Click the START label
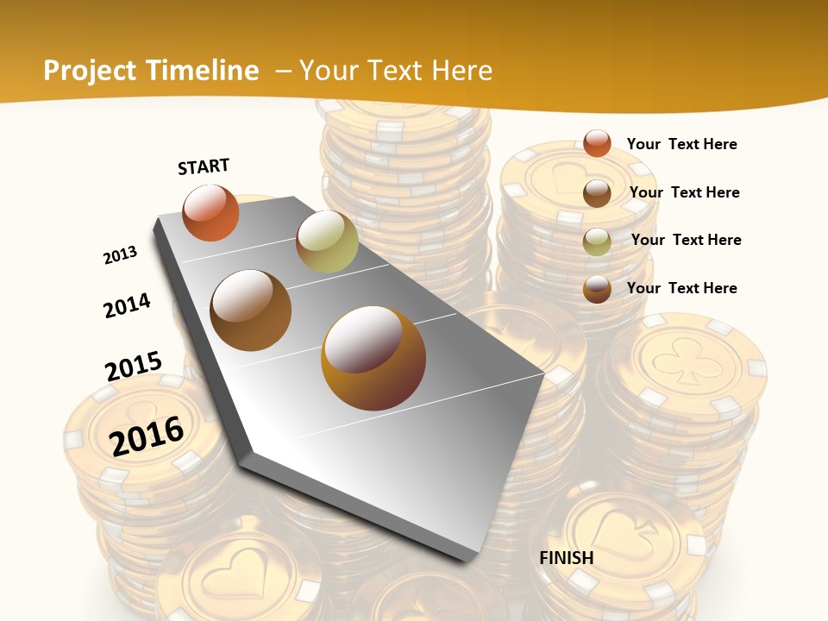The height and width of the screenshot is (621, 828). point(204,166)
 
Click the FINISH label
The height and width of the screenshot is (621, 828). point(566,557)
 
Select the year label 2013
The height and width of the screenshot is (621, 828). point(120,255)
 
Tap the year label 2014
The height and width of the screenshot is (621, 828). point(127,305)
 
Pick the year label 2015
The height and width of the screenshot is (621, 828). point(134,366)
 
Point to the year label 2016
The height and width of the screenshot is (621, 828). point(147,436)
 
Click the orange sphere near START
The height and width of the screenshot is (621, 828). point(210,212)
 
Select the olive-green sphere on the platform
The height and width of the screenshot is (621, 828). point(327,241)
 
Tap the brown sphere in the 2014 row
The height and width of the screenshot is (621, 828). point(251,310)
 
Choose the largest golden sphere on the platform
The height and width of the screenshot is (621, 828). point(373,358)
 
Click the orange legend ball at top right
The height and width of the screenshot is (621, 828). point(597,143)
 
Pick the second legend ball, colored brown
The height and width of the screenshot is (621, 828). point(597,193)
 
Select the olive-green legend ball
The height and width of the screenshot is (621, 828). point(597,241)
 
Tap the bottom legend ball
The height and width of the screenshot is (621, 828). point(597,289)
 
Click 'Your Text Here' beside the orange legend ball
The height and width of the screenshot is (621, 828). point(681,144)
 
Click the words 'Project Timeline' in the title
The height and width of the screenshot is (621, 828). point(151,71)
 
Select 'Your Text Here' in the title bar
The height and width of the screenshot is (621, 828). point(396,71)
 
